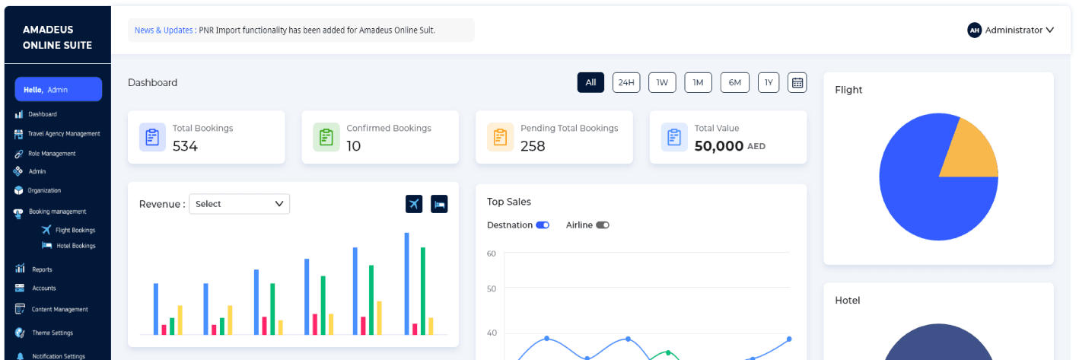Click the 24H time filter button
(x=626, y=83)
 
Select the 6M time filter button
(x=734, y=83)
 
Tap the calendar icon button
(x=797, y=83)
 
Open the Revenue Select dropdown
(x=239, y=204)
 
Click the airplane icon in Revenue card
(x=414, y=204)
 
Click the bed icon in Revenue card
(x=439, y=204)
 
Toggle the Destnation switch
(x=543, y=225)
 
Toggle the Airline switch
(x=603, y=225)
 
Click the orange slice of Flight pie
(x=967, y=151)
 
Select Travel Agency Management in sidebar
(x=64, y=134)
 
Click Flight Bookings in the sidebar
(x=75, y=230)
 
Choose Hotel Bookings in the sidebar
(x=75, y=246)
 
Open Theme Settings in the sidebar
(x=53, y=333)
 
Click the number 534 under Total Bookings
(x=185, y=146)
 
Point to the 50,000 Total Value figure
(x=718, y=146)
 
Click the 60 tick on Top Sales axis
(x=492, y=253)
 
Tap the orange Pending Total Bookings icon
(x=500, y=137)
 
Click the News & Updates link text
(x=164, y=30)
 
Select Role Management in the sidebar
(x=52, y=154)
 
